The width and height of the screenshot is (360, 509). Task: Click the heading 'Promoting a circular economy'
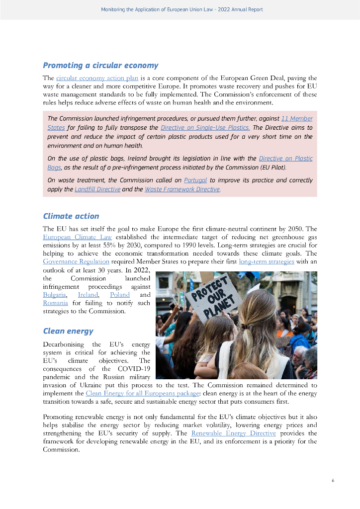[x=100, y=65]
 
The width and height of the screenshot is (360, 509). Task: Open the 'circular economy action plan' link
[x=97, y=78]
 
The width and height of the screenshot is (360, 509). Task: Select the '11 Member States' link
[x=297, y=119]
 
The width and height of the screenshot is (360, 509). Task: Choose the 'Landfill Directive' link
[x=97, y=189]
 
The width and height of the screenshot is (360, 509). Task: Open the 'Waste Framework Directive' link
[x=182, y=189]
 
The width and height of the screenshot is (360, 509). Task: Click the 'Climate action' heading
[x=71, y=216]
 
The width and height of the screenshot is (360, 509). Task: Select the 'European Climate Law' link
[x=77, y=237]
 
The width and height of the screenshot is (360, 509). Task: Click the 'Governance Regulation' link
[x=76, y=261]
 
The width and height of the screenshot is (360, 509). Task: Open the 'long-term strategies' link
[x=267, y=261]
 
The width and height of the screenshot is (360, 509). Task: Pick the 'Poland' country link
[x=119, y=295]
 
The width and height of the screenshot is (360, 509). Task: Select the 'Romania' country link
[x=55, y=303]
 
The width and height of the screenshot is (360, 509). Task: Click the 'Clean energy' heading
[x=68, y=331]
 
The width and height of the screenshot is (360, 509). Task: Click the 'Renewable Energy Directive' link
[x=233, y=433]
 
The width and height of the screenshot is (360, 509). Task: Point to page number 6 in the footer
[x=333, y=481]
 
